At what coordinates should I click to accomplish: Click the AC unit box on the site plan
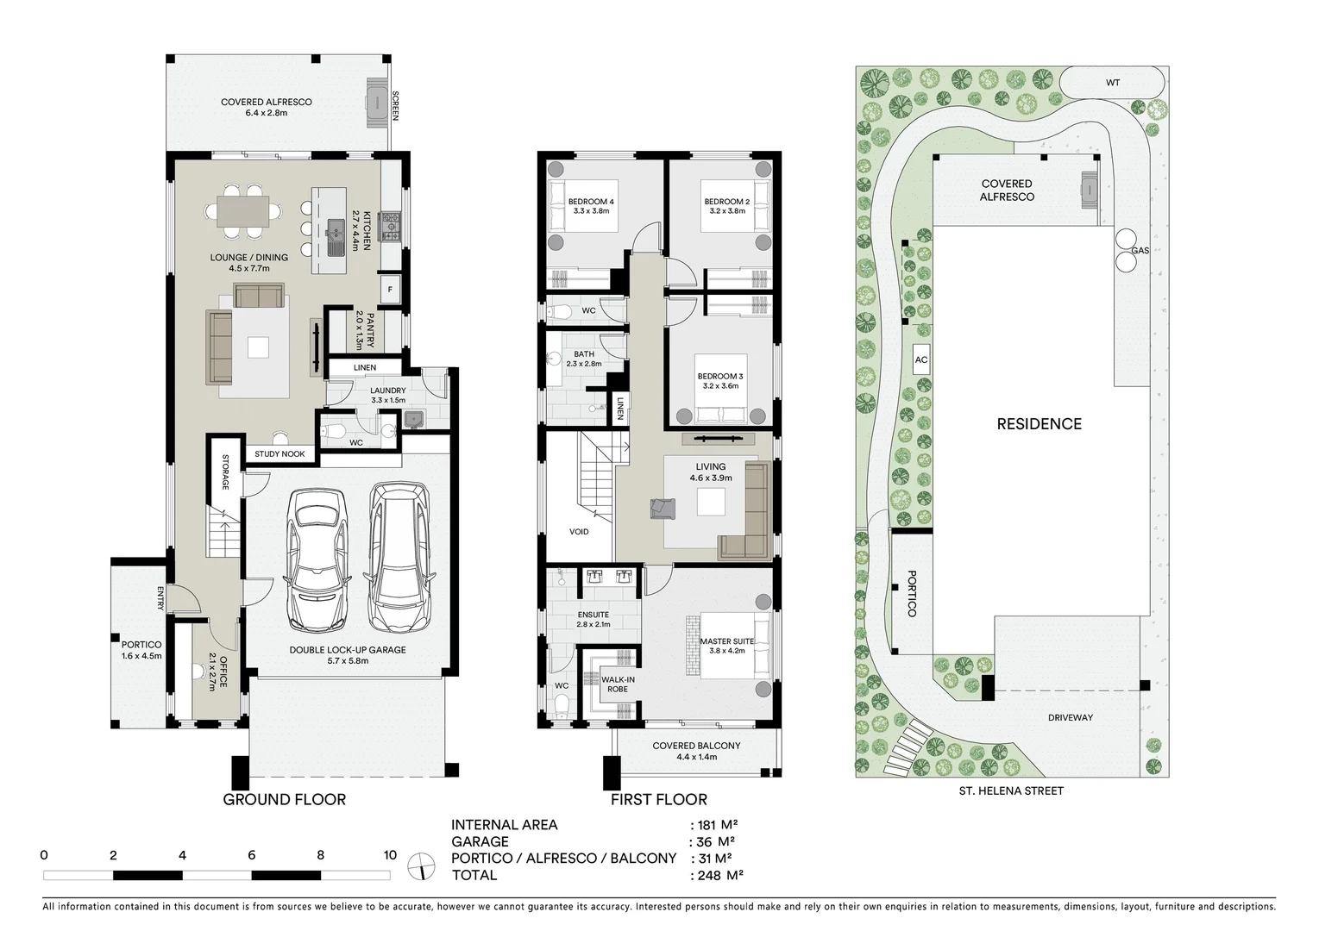point(920,359)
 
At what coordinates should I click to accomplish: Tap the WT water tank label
point(1113,83)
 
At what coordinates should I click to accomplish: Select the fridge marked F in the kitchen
point(390,290)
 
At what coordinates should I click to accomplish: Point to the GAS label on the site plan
point(1140,250)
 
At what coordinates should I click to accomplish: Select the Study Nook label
point(280,453)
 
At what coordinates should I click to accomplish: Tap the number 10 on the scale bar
point(390,855)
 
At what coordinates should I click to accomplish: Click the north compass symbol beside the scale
point(421,865)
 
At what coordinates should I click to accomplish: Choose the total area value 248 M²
point(718,875)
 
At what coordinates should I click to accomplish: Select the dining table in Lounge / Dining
point(242,210)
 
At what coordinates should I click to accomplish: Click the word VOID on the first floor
point(579,532)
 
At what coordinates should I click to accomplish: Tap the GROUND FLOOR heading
point(284,799)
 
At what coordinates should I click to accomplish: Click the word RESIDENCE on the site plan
point(1039,423)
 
